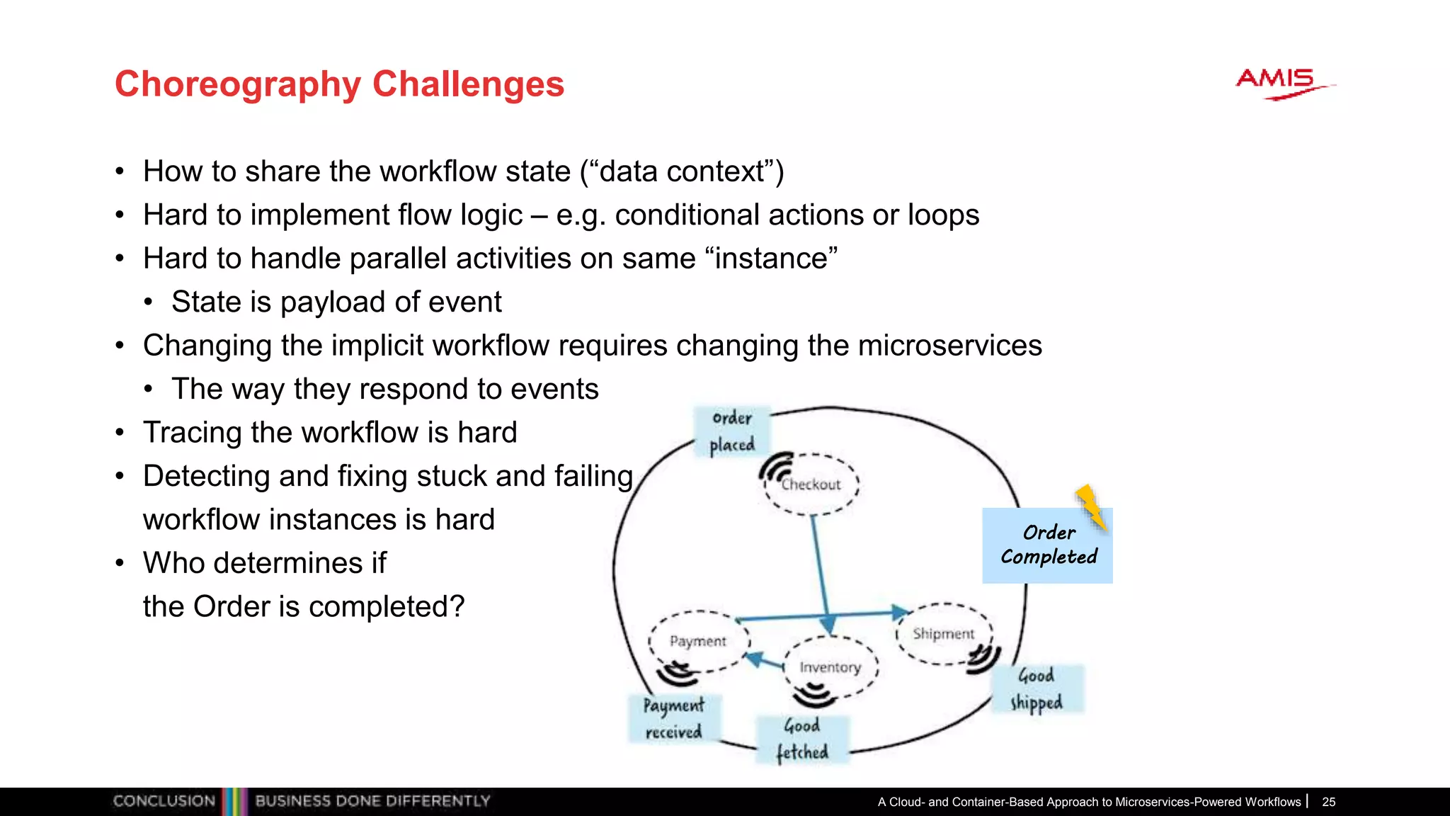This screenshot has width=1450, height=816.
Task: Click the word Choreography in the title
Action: [x=238, y=84]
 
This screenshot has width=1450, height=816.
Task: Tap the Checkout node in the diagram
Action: [x=811, y=485]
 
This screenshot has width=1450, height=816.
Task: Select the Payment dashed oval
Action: [x=698, y=640]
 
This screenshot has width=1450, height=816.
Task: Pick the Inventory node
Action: [x=830, y=667]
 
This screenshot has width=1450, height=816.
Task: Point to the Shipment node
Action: [x=943, y=633]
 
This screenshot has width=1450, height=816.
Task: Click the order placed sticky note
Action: [x=732, y=431]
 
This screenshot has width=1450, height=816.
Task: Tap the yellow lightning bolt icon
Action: [x=1091, y=507]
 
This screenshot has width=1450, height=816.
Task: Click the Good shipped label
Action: [x=1037, y=688]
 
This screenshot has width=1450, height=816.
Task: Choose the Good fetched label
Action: [x=801, y=739]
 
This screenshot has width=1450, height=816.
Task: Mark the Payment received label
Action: [x=673, y=718]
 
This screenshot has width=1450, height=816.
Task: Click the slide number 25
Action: [x=1328, y=802]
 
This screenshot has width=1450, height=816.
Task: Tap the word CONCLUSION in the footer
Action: [x=164, y=801]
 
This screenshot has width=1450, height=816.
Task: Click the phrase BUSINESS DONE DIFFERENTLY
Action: [x=372, y=801]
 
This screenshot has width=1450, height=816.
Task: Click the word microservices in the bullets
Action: [x=949, y=346]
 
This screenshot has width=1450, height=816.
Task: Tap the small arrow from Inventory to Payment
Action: [x=765, y=662]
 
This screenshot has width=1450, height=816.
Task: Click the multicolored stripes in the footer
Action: [x=234, y=801]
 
